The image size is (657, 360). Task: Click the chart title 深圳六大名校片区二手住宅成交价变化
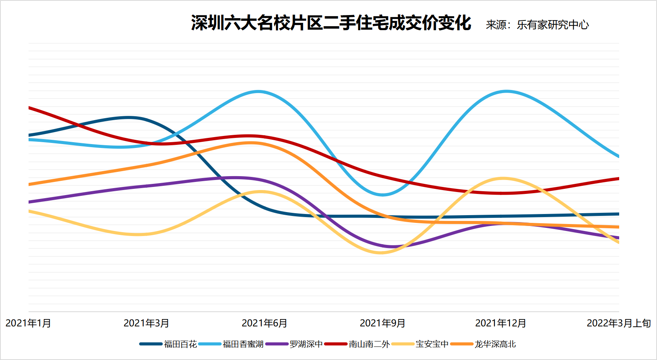(x=331, y=23)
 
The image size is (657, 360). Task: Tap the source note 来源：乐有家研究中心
(x=537, y=25)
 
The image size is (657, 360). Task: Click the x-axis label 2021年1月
(x=28, y=323)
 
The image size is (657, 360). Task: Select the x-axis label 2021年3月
(x=146, y=323)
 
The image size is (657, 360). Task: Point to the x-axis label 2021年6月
(x=264, y=323)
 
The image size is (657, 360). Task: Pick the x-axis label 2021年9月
(x=383, y=323)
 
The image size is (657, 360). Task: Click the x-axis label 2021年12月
(x=501, y=323)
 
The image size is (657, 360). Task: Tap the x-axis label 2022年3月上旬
(x=619, y=323)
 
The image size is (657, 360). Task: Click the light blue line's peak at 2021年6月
(x=258, y=92)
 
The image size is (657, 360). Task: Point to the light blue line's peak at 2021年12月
(x=506, y=92)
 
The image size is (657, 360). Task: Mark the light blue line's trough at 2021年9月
(x=382, y=195)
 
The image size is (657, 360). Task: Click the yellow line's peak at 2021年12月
(x=503, y=178)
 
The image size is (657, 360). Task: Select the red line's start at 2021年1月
(x=29, y=108)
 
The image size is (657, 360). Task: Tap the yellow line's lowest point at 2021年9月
(x=380, y=253)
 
